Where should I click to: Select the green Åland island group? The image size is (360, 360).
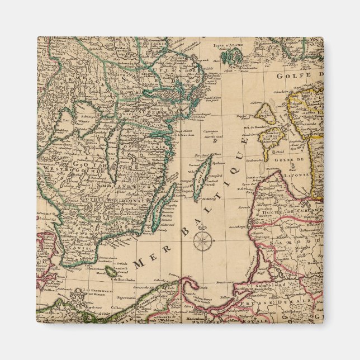coord(231,56)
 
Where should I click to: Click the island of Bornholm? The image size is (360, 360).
coord(112,271)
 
